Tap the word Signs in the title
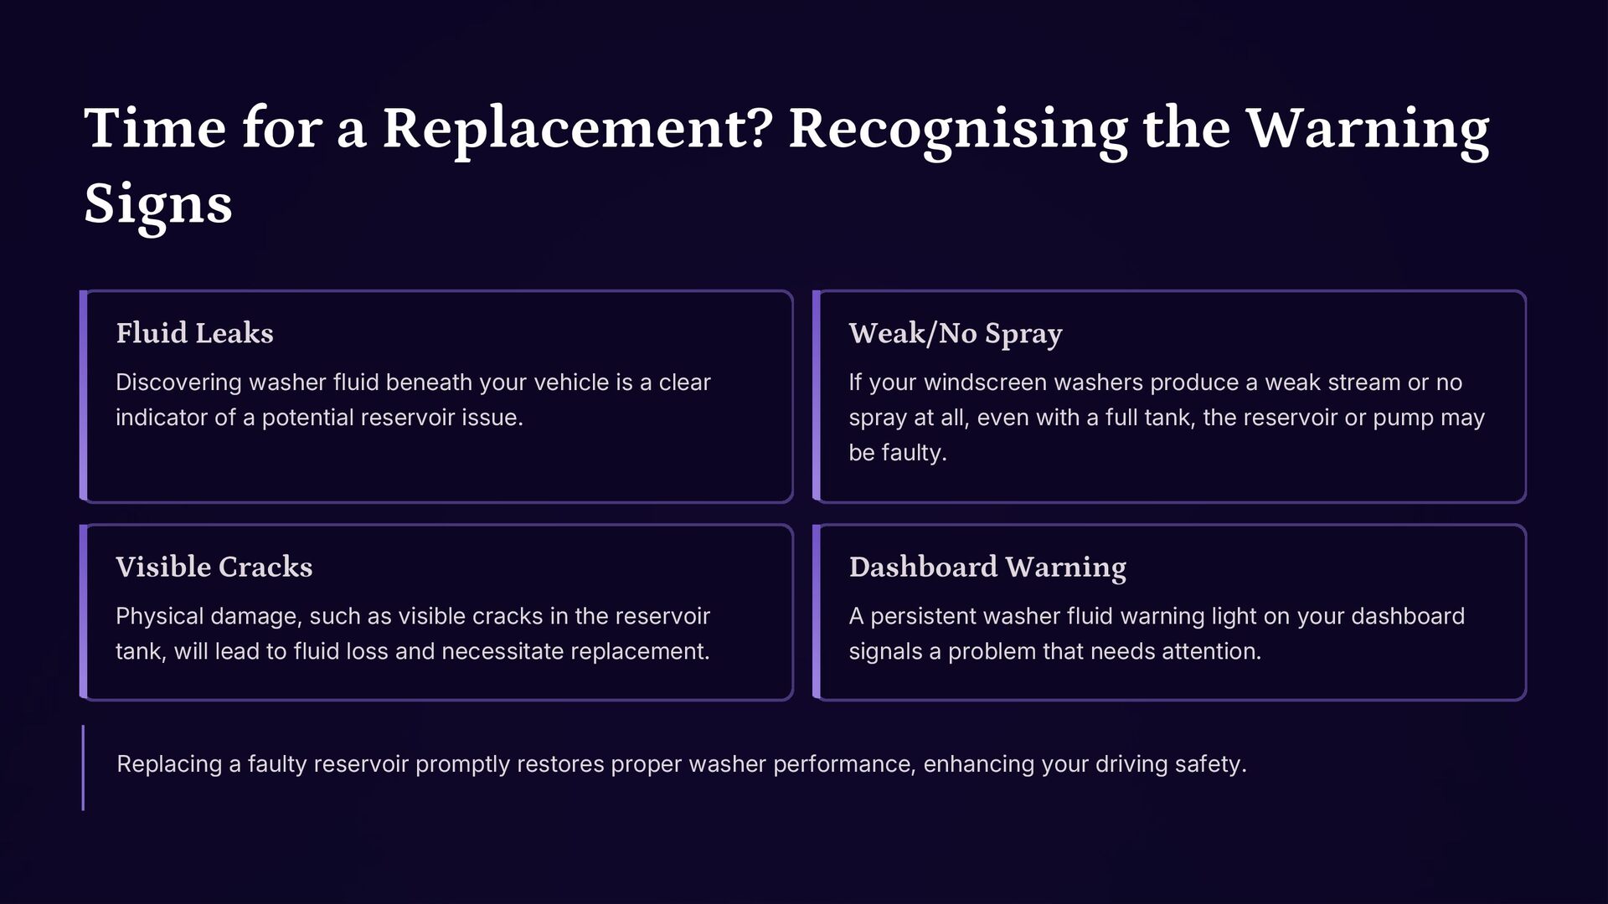(158, 203)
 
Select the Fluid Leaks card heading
(194, 333)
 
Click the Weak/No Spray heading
(955, 333)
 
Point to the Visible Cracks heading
(214, 567)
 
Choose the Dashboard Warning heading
(987, 567)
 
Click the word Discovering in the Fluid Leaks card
(178, 383)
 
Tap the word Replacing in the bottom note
(169, 764)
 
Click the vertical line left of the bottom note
(83, 768)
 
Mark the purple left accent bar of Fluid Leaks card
(83, 396)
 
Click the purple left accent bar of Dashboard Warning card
(817, 612)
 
